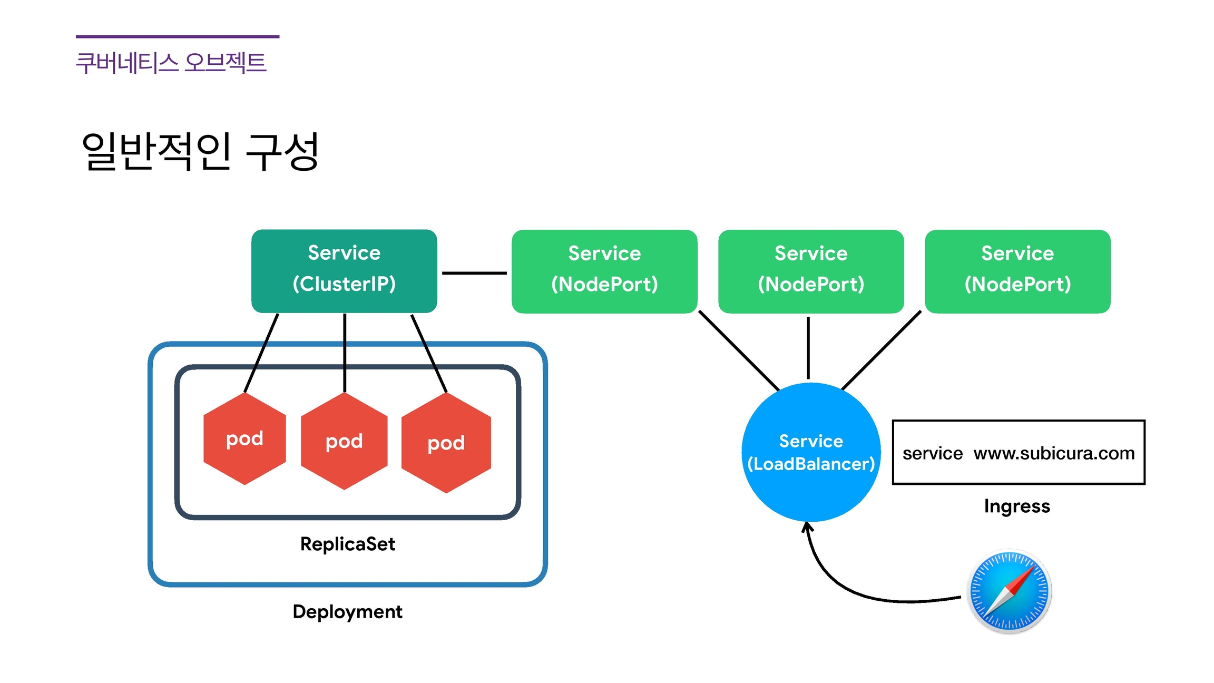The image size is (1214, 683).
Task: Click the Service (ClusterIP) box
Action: pyautogui.click(x=344, y=271)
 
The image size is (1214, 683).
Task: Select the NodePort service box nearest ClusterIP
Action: pyautogui.click(x=604, y=271)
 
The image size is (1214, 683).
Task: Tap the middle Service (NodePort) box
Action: pyautogui.click(x=811, y=271)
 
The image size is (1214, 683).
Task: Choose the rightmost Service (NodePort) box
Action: pyautogui.click(x=1017, y=271)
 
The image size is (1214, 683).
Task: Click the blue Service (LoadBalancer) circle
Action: pyautogui.click(x=811, y=452)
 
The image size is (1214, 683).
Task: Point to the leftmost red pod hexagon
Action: pyautogui.click(x=244, y=438)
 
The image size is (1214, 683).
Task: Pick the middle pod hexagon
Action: pyautogui.click(x=344, y=441)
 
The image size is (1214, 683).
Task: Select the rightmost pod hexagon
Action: pyautogui.click(x=446, y=443)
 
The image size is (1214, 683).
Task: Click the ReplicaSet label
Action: pyautogui.click(x=348, y=544)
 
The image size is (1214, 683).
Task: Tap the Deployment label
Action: pyautogui.click(x=348, y=612)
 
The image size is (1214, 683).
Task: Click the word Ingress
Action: pyautogui.click(x=1017, y=506)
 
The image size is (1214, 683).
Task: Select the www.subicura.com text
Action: pyautogui.click(x=1054, y=453)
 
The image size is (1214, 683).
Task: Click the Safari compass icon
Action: pyautogui.click(x=1009, y=591)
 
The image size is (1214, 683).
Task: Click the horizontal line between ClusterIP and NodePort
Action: pyautogui.click(x=474, y=273)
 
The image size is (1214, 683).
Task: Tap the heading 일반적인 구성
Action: pyautogui.click(x=200, y=151)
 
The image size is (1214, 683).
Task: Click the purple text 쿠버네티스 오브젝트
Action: pyautogui.click(x=171, y=63)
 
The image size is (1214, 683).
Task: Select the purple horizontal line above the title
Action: pyautogui.click(x=178, y=36)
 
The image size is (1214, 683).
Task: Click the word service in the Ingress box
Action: pyautogui.click(x=933, y=453)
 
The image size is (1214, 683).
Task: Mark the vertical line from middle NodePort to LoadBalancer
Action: pyautogui.click(x=808, y=348)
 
